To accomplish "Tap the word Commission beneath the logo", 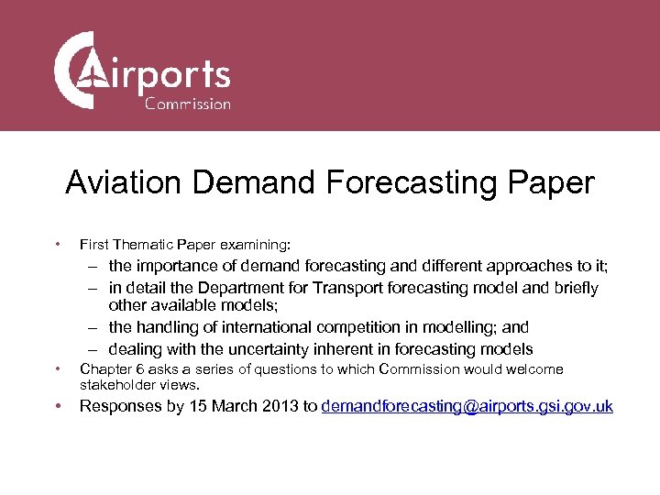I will pyautogui.click(x=188, y=104).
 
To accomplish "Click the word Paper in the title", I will pyautogui.click(x=549, y=182).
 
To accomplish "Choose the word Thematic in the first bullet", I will pyautogui.click(x=140, y=245).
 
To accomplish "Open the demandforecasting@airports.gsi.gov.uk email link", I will pyautogui.click(x=467, y=407).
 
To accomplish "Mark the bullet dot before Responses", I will pyautogui.click(x=58, y=407).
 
